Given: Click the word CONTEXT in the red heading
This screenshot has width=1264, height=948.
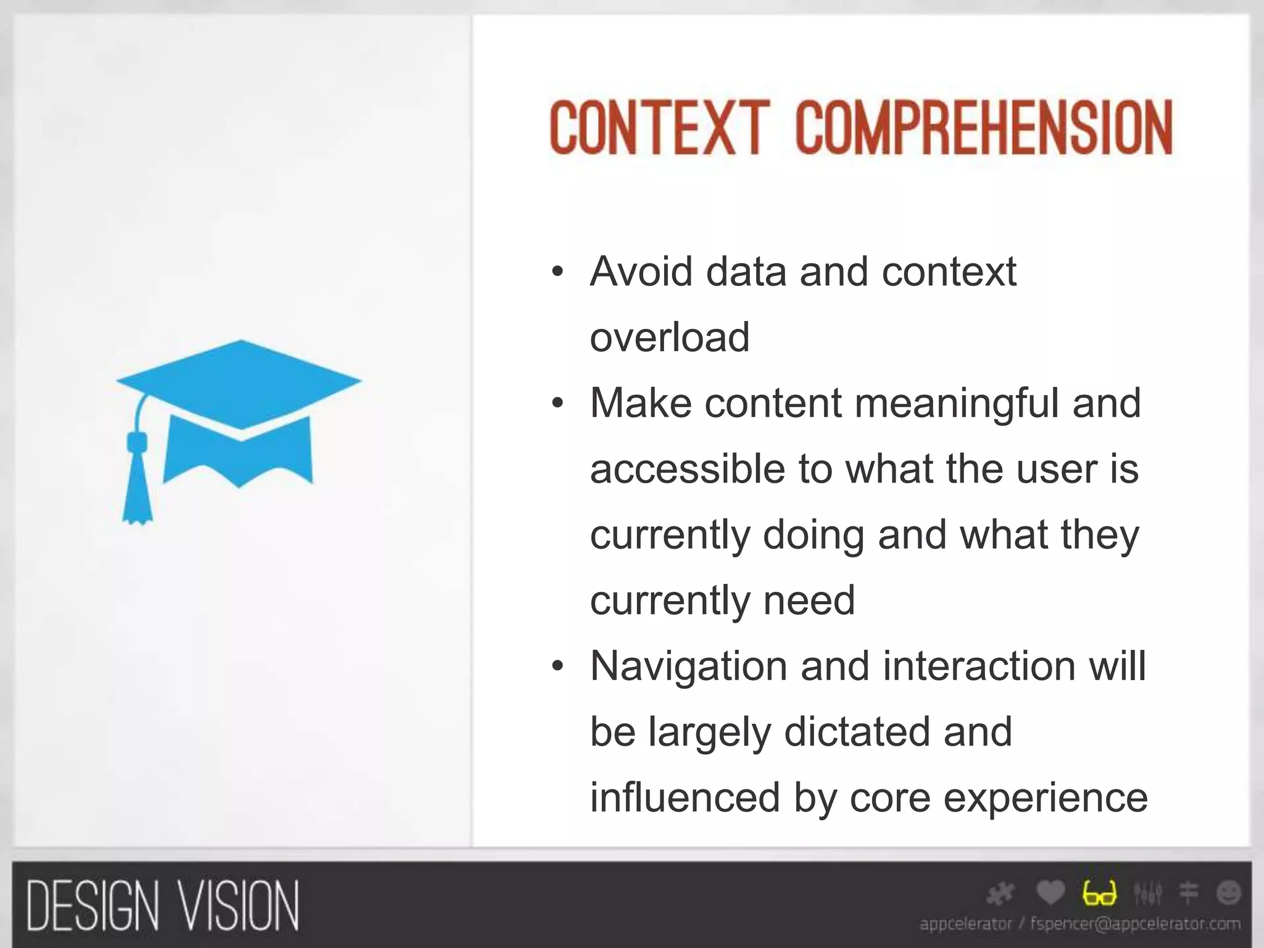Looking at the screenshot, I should (659, 128).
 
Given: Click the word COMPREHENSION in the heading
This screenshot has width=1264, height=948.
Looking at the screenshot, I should (984, 128).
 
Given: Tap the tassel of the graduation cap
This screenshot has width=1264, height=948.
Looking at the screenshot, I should (137, 488).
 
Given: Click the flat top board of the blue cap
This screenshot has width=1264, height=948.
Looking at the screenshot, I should (239, 383).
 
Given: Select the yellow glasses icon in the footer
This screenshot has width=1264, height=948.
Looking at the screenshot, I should (1099, 893).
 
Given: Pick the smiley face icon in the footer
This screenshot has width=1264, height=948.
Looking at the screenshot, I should (1228, 892).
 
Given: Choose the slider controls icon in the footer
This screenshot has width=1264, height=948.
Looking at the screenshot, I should (1147, 892).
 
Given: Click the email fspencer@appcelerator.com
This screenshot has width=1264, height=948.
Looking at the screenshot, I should (1136, 924).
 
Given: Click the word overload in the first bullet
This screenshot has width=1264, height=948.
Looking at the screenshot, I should (670, 337).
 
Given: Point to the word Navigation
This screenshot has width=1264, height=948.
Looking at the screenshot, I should (688, 666).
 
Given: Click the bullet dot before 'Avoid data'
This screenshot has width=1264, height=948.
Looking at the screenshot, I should (558, 272).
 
